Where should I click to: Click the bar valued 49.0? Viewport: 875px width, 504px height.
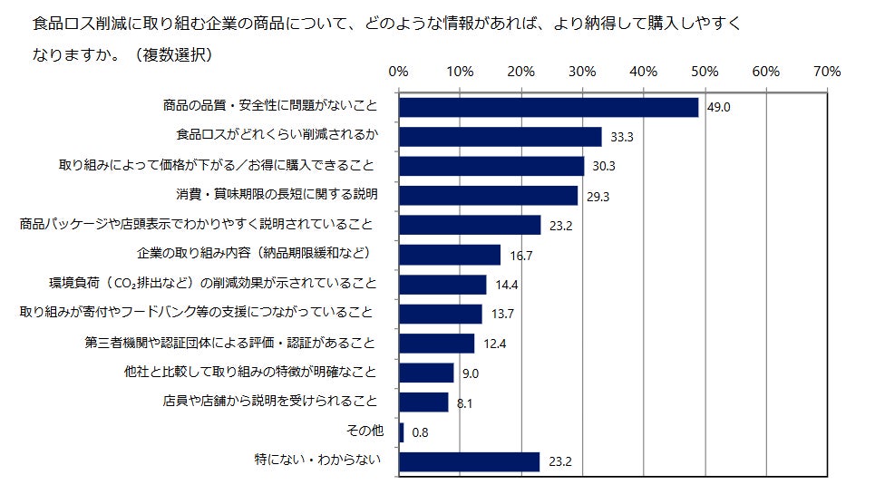pos(549,107)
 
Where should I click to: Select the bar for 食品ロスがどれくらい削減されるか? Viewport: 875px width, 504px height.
pos(501,136)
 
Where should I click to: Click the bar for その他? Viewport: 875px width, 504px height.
pos(402,431)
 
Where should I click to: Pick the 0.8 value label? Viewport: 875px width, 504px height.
pos(420,433)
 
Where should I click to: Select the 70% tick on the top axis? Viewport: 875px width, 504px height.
pos(828,71)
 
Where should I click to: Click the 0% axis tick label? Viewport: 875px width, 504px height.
pos(398,71)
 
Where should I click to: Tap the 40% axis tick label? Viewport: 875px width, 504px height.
pos(644,71)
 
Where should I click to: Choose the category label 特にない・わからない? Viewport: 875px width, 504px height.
pos(315,460)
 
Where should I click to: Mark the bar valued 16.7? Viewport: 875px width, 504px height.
pos(450,255)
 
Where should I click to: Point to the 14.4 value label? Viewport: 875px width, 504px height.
pos(508,285)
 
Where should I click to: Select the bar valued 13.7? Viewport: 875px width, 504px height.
pos(441,314)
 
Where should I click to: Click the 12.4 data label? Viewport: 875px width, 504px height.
pos(495,344)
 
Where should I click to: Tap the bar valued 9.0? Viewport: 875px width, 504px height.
pos(426,373)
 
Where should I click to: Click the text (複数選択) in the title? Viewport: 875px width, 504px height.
pos(171,54)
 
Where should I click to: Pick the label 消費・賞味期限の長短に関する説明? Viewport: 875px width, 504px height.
pos(276,195)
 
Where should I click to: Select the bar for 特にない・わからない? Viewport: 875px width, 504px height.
pos(470,461)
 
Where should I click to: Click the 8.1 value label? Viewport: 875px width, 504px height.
pos(465,403)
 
